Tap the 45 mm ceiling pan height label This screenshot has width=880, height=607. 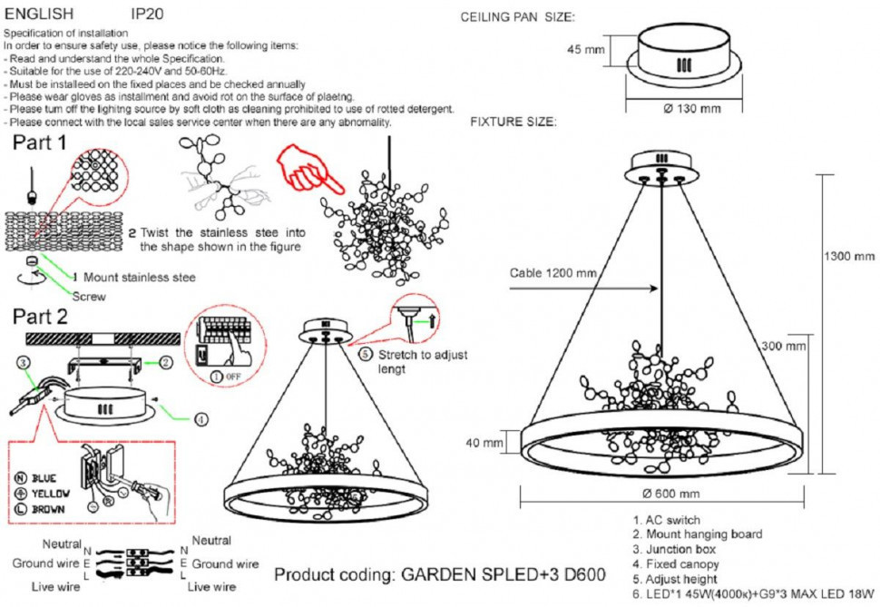[585, 49]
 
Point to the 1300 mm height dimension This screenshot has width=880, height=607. [853, 256]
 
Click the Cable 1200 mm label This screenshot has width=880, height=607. [552, 272]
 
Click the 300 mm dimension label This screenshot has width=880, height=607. [783, 346]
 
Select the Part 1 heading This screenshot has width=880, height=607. [39, 142]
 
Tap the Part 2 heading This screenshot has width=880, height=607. [40, 317]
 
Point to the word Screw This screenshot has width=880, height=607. [89, 296]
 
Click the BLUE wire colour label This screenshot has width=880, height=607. [37, 477]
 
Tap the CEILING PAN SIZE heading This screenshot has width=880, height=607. [517, 17]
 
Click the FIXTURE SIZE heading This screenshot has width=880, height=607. [513, 121]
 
